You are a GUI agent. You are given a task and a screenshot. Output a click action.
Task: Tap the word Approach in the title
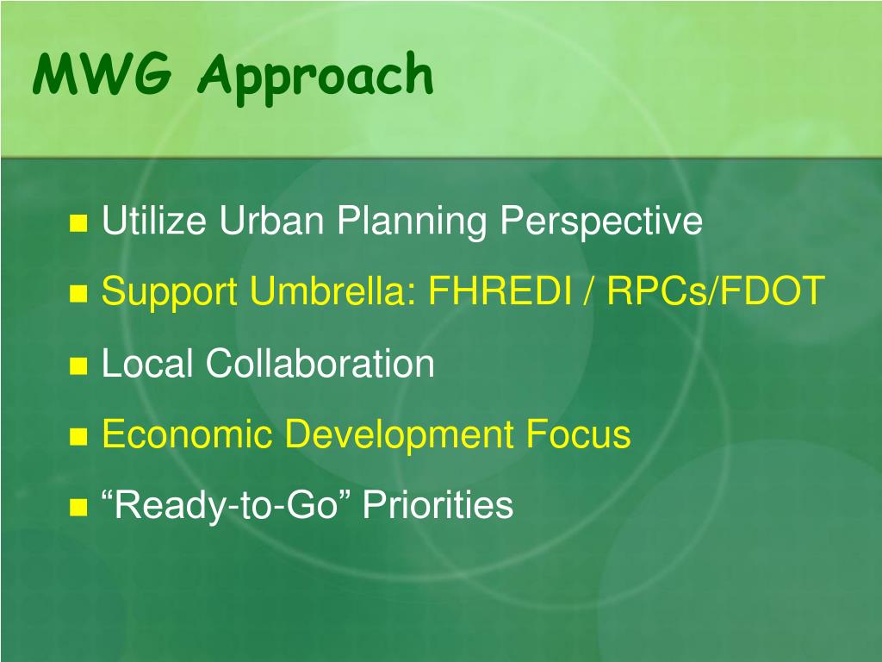(315, 78)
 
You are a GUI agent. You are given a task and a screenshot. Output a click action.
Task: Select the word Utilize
(153, 220)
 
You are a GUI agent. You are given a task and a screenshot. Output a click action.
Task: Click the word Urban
(271, 220)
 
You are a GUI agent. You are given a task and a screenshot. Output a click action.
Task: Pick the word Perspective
(601, 222)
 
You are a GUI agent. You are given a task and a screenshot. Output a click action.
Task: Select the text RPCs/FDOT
(716, 290)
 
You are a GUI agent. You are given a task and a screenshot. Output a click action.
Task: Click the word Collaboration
(320, 363)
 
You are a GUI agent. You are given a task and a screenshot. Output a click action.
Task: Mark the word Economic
(187, 434)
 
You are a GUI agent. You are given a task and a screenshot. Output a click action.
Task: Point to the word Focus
(578, 434)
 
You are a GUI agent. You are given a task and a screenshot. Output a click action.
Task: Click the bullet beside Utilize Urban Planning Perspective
(78, 223)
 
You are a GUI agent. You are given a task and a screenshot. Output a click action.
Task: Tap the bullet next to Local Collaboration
(78, 365)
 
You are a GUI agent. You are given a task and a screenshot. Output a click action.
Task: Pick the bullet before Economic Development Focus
(78, 437)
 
